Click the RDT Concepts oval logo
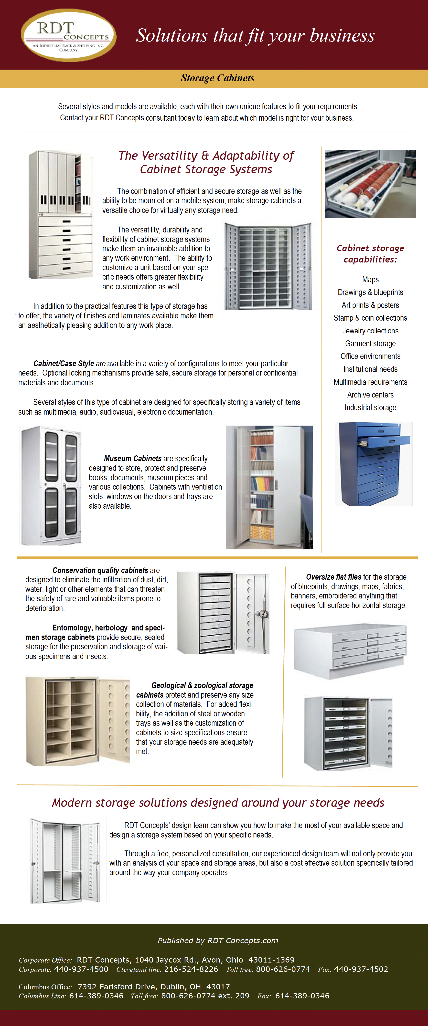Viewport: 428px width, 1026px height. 69,35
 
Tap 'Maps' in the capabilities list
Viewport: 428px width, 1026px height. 370,280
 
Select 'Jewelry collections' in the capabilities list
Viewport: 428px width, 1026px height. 370,331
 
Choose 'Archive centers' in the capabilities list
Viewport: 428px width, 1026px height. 370,395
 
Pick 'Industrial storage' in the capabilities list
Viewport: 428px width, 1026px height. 370,408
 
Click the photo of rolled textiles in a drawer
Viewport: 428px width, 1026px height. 370,184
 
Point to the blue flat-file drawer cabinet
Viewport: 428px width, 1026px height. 374,464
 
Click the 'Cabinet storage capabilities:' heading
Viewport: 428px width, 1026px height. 370,254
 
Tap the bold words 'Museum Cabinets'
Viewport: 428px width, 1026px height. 133,459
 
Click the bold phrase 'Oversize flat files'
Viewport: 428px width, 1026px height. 333,577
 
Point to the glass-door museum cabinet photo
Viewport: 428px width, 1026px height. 52,485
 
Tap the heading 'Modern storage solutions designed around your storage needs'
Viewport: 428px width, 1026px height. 218,803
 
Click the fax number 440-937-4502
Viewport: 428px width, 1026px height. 361,969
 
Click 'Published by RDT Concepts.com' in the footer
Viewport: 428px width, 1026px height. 218,940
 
